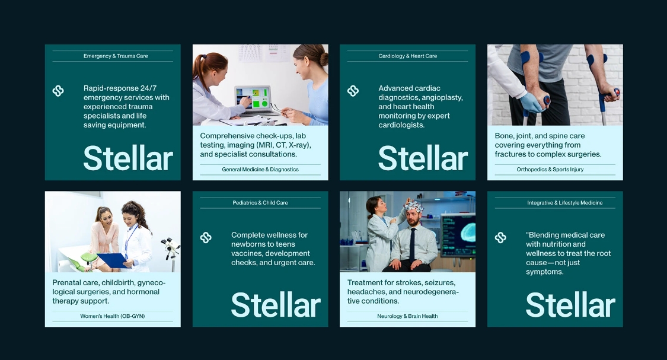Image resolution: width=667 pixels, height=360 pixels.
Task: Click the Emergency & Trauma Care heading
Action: pos(116,56)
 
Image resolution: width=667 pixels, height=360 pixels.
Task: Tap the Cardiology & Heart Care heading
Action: pos(407,56)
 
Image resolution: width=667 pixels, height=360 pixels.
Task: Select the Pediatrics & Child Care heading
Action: pos(260,203)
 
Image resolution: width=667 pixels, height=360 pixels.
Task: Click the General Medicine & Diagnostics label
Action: pos(260,170)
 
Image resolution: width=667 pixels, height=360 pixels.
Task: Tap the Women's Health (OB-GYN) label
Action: pos(113,317)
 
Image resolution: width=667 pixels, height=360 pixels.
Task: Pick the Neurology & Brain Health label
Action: pos(407,317)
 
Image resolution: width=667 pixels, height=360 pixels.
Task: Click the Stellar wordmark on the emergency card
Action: pos(128,158)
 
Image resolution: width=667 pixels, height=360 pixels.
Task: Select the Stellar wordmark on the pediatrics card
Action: pos(276,305)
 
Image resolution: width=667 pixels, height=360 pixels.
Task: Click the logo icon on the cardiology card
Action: pos(353,91)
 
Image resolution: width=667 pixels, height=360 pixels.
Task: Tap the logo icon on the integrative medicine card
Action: pos(500,237)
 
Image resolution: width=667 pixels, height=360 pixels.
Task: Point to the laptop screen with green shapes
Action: pos(253,98)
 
